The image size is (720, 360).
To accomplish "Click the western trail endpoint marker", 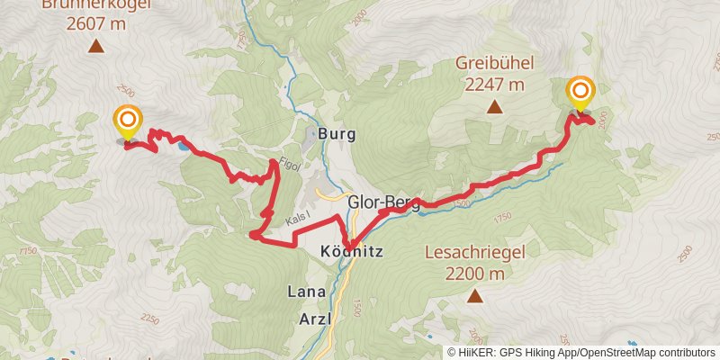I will click(x=128, y=119).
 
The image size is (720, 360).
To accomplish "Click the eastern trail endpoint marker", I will click(x=580, y=91).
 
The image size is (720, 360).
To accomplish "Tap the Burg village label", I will click(x=337, y=134).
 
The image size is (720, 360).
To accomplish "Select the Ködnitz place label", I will click(x=352, y=253).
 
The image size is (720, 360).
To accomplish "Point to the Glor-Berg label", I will click(x=383, y=203).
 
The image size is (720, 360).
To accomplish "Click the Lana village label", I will click(x=306, y=292).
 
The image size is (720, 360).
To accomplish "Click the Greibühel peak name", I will click(x=494, y=64).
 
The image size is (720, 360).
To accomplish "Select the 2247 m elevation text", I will click(x=494, y=85).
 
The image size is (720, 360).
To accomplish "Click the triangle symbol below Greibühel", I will click(x=494, y=108).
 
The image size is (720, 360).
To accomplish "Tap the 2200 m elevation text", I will click(x=473, y=274).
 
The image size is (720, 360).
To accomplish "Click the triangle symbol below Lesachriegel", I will click(x=473, y=296).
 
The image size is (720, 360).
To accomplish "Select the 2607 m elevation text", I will click(x=95, y=24).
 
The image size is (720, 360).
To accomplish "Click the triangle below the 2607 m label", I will click(x=95, y=48).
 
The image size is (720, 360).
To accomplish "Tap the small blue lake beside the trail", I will click(x=184, y=144).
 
